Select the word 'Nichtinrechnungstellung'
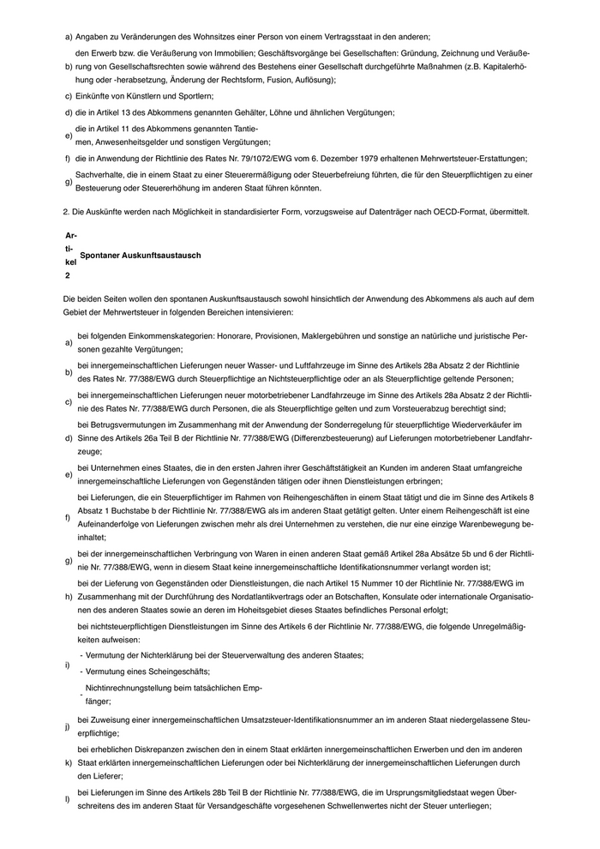click(x=131, y=688)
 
